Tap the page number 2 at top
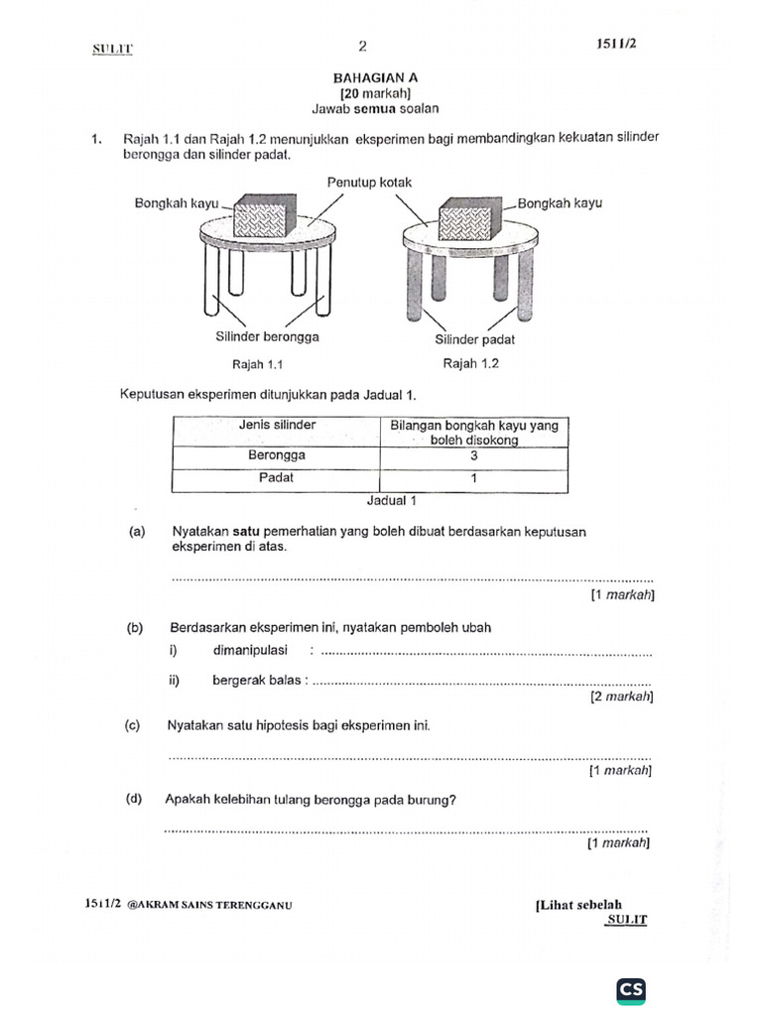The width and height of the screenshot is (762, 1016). click(x=362, y=46)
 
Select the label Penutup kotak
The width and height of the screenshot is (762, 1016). click(x=368, y=183)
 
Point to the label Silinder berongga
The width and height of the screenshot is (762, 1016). click(x=267, y=338)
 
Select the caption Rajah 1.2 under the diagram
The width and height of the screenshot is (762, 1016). click(x=470, y=363)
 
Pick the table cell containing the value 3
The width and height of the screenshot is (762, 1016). click(x=474, y=455)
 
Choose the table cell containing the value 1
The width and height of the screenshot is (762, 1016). click(x=474, y=478)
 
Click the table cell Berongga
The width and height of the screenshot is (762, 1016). click(x=277, y=455)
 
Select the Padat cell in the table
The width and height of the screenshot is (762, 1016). click(x=277, y=478)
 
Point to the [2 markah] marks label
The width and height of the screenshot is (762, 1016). click(x=620, y=698)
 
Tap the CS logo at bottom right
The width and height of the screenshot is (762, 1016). click(x=631, y=989)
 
